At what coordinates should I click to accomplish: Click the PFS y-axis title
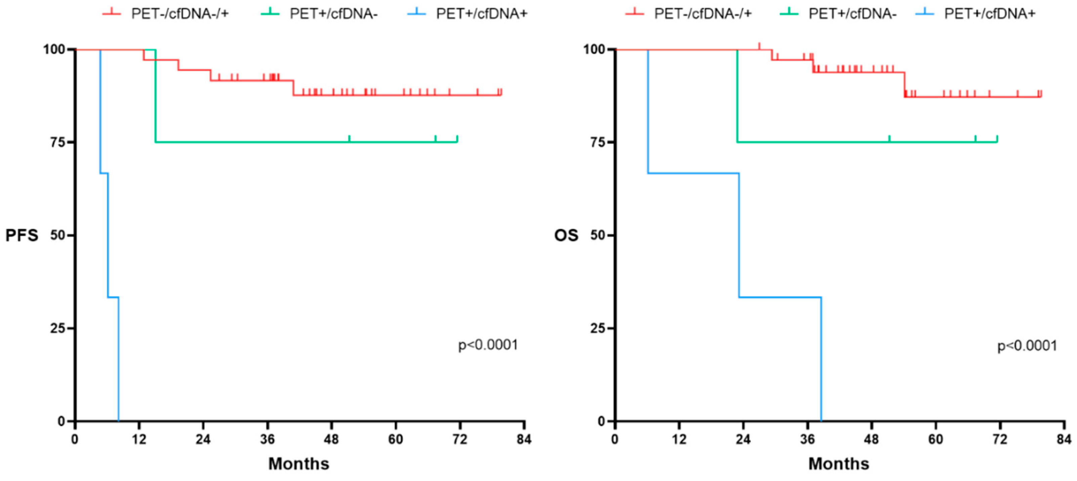tap(22, 235)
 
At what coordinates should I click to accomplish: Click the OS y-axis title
tap(566, 235)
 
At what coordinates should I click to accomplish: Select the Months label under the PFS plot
tap(299, 464)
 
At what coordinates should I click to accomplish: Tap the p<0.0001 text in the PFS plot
tap(488, 345)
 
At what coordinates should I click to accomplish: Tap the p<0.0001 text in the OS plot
tap(1027, 346)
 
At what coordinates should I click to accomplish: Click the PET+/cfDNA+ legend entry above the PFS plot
tap(481, 14)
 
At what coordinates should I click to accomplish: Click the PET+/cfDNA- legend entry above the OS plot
tap(852, 14)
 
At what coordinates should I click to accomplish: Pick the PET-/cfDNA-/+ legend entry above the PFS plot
tap(179, 14)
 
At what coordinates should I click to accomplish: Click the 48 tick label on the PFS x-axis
tap(331, 439)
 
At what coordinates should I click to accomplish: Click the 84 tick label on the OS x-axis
tap(1064, 439)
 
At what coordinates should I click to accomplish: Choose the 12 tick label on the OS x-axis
tap(679, 439)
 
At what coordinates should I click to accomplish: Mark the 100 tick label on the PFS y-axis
tap(54, 49)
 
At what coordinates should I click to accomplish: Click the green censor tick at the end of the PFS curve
tap(457, 139)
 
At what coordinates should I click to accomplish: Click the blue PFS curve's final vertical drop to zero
tap(119, 360)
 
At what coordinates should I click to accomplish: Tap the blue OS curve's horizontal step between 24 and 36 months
tap(780, 297)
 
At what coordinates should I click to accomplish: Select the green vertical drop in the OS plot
tap(737, 96)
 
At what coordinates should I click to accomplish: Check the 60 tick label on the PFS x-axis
tap(395, 439)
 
